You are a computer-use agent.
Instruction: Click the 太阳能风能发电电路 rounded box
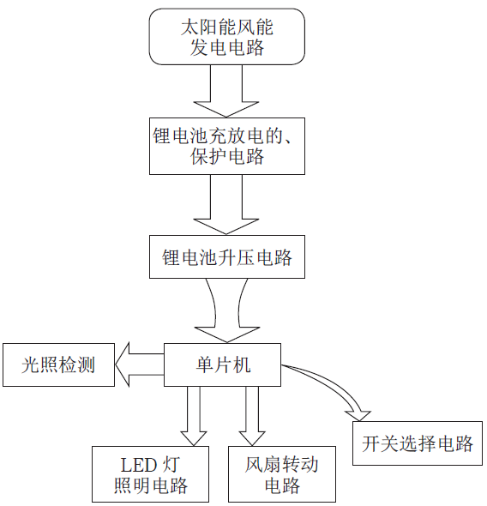226,36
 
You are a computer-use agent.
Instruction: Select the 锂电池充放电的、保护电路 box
226,145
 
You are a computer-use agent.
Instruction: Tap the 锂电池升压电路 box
226,256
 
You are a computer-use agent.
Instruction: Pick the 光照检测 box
57,366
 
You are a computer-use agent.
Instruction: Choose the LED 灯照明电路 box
150,476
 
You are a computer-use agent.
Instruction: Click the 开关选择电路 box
417,443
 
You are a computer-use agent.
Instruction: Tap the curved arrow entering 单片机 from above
225,312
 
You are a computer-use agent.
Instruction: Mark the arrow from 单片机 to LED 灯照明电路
191,415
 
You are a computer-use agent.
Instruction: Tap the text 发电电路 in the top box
226,47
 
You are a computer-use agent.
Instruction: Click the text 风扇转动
280,466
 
